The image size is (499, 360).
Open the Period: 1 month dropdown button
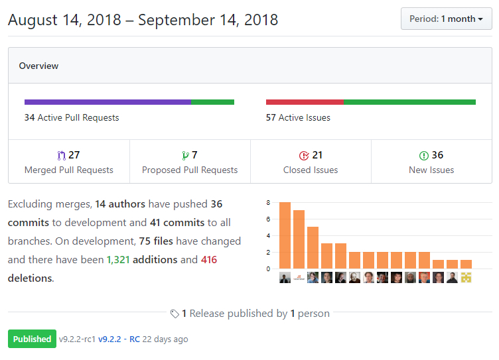coord(446,19)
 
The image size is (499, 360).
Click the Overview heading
coord(38,66)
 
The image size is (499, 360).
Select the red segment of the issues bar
coord(304,102)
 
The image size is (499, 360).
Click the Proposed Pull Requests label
coord(190,170)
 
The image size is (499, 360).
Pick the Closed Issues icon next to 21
coord(304,156)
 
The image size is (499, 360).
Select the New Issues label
coord(431,170)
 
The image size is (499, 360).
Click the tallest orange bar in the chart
coord(285,235)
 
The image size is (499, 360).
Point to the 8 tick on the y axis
coord(268,203)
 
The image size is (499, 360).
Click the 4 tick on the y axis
coord(268,236)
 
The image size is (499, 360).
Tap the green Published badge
coord(32,339)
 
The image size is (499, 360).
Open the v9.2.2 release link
coord(109,339)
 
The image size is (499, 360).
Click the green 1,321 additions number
coord(118,260)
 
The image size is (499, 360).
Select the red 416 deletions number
coord(209,260)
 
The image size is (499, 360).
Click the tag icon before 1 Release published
coord(175,314)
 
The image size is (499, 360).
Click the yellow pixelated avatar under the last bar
coord(466,278)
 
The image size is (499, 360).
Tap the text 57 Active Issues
coord(298,117)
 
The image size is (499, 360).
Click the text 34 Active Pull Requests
coord(72,117)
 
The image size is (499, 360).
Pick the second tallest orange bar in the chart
coord(299,239)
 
